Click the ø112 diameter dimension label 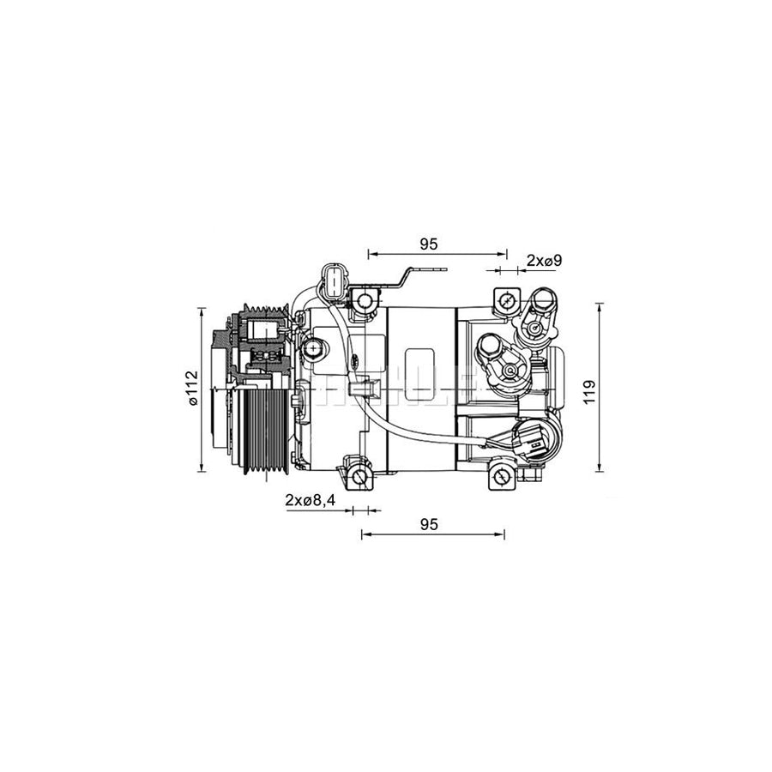point(191,389)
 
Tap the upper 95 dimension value point(429,244)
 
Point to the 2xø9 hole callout point(543,260)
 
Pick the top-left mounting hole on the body point(366,301)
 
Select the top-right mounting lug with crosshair point(505,301)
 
